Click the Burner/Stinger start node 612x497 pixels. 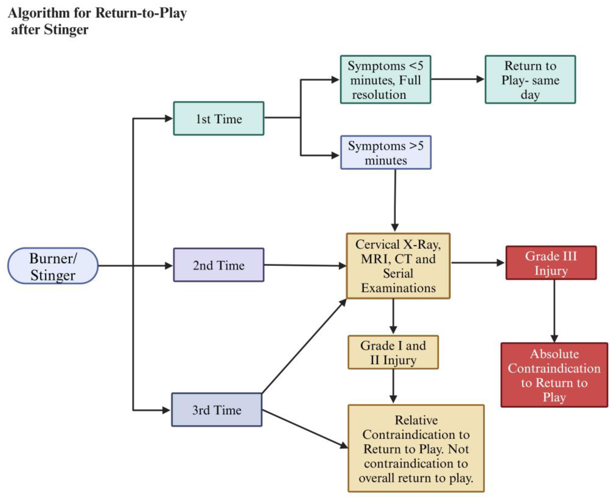(x=53, y=266)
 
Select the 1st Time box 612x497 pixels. (x=219, y=118)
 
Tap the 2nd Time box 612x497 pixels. (x=219, y=265)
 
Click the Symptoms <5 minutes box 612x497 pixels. (x=385, y=80)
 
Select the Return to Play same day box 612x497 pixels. (x=530, y=80)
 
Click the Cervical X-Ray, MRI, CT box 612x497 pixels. (x=398, y=266)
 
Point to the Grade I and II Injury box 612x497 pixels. (x=393, y=352)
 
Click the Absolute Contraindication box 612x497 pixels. (x=554, y=375)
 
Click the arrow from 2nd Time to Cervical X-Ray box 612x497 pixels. (x=305, y=265)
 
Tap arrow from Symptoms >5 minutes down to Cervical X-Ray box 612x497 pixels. (x=395, y=200)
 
